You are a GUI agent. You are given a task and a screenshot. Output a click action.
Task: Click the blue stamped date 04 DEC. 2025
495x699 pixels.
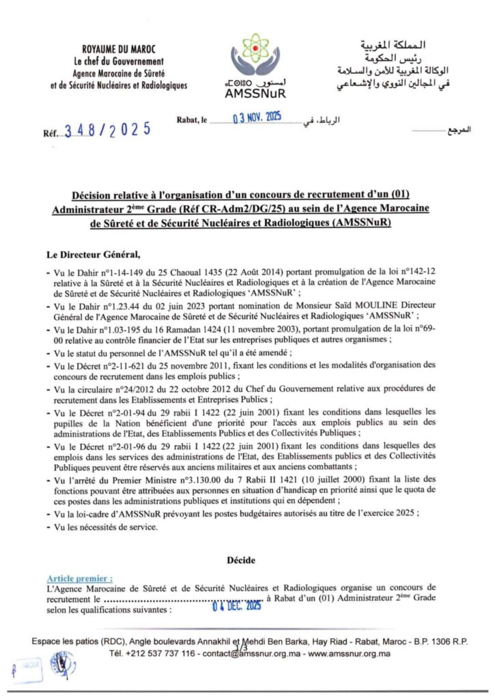coord(237,605)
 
